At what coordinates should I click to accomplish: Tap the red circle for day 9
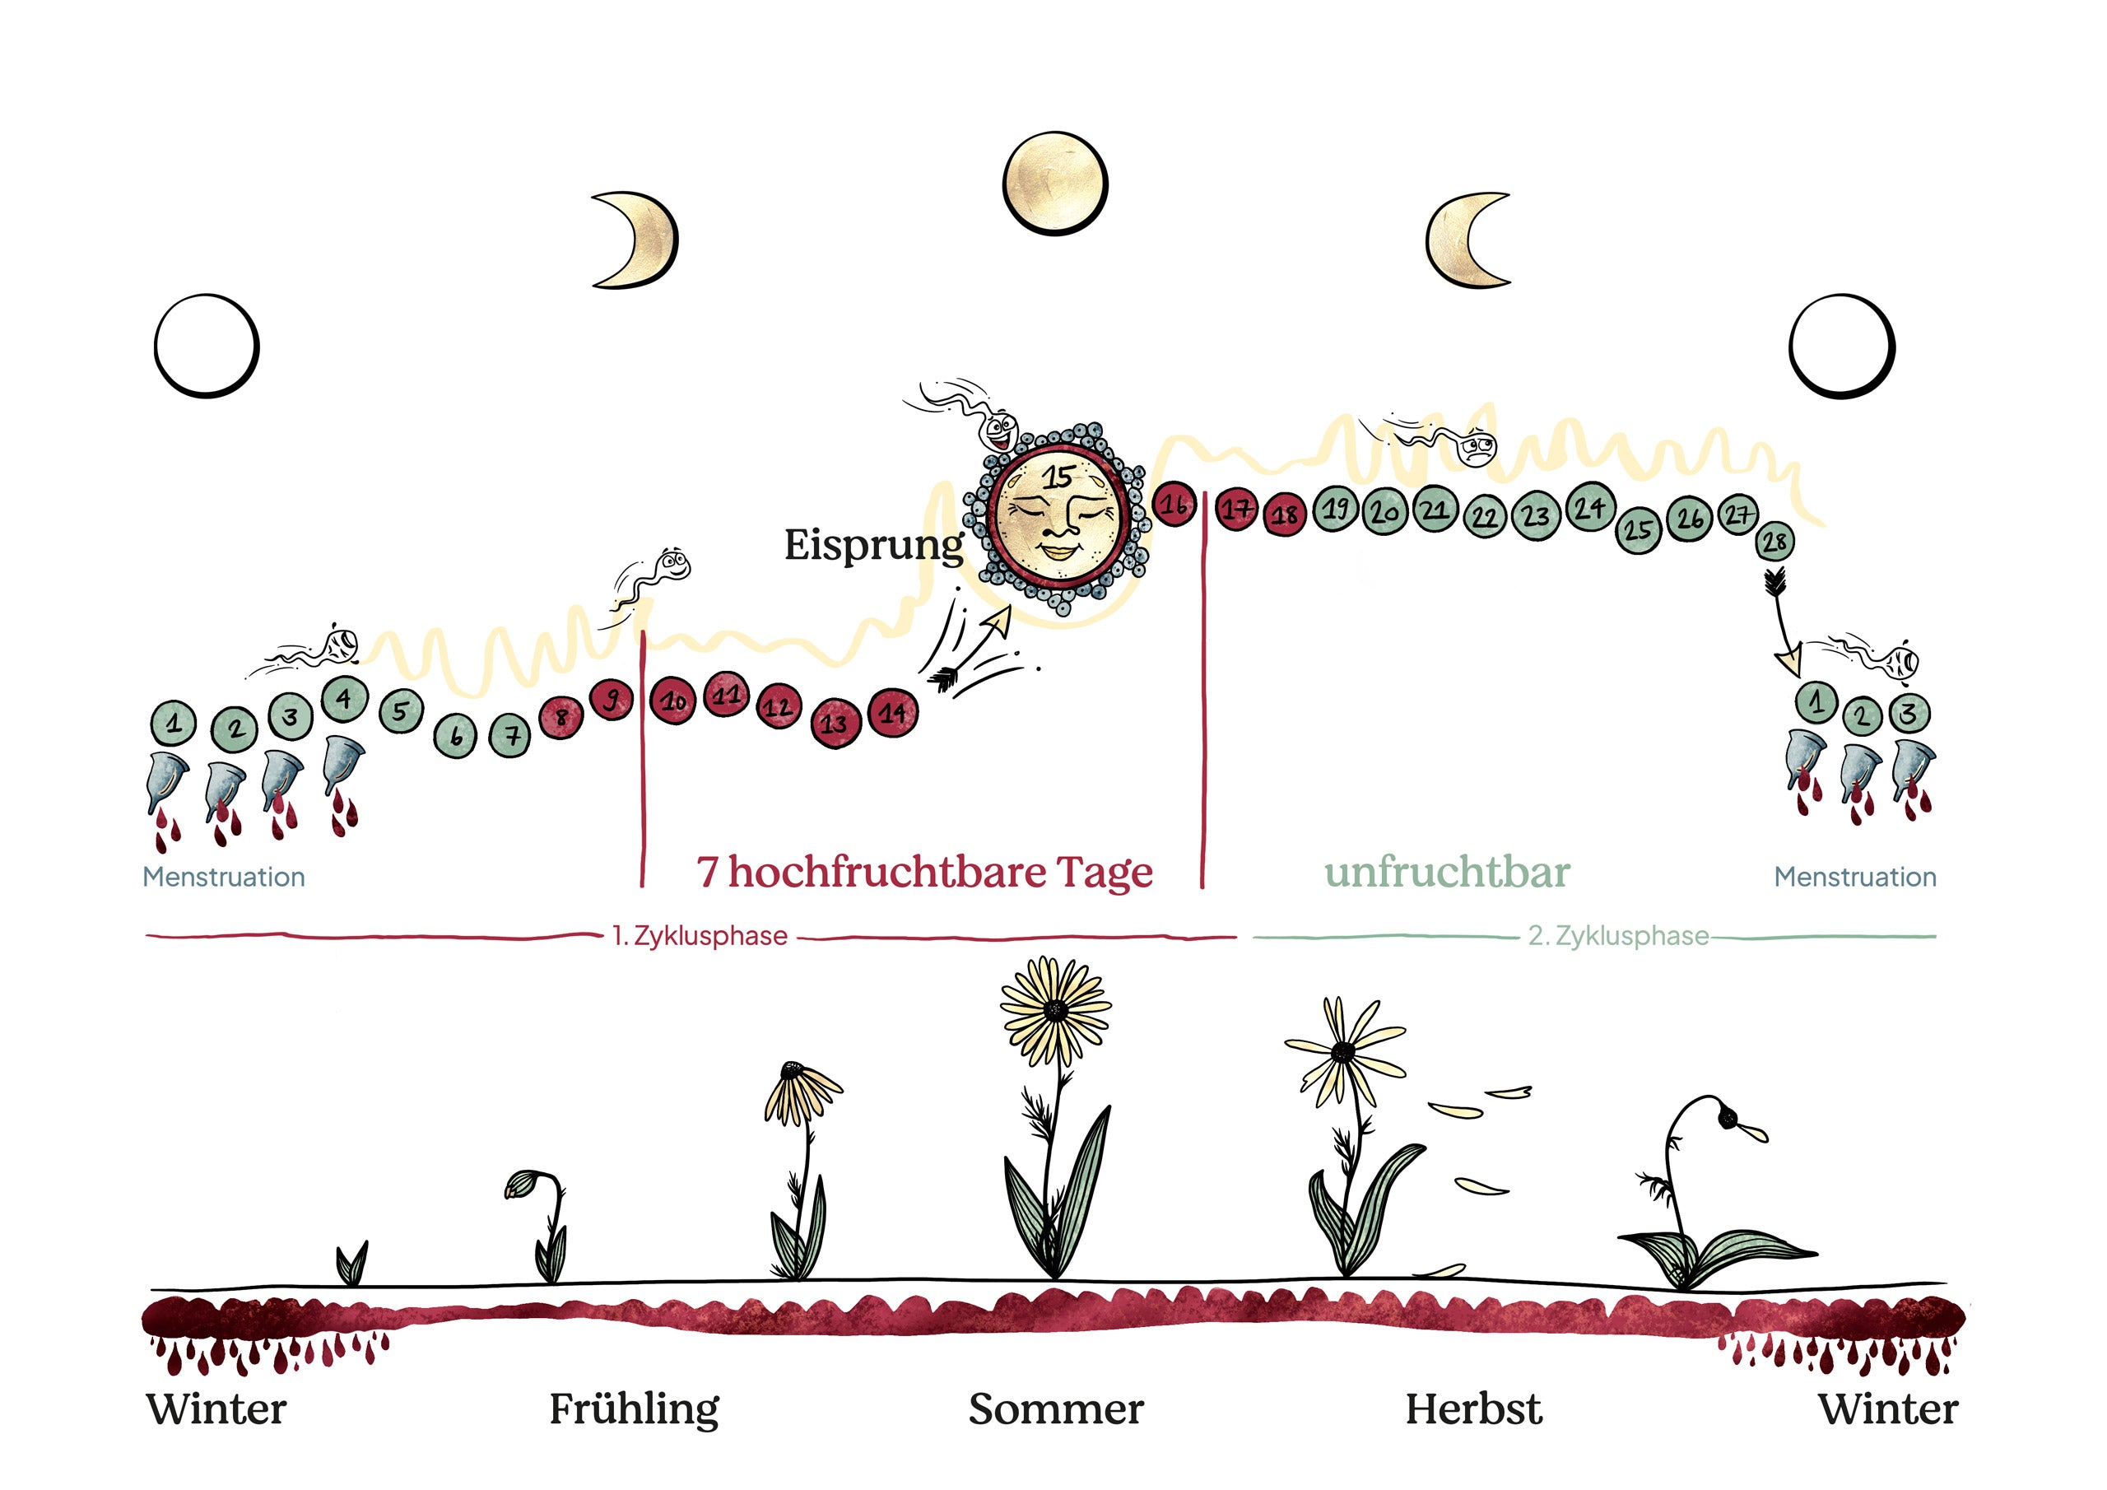[x=612, y=700]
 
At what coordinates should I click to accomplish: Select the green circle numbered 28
[x=1774, y=542]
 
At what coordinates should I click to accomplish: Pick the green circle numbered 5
[x=400, y=710]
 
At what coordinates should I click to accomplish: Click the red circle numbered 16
[x=1174, y=504]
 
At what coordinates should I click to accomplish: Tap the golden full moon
[x=1054, y=183]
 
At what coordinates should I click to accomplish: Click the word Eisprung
[x=872, y=545]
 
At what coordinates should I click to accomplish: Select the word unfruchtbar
[x=1446, y=871]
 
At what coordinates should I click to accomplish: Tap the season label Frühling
[x=633, y=1409]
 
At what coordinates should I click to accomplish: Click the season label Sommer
[x=1055, y=1409]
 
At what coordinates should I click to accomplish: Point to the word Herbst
[x=1473, y=1409]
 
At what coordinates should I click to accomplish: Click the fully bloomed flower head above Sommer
[x=1055, y=1010]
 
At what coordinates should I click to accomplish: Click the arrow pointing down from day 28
[x=1782, y=624]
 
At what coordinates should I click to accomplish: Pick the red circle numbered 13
[x=835, y=724]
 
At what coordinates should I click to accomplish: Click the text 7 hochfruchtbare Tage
[x=924, y=871]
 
